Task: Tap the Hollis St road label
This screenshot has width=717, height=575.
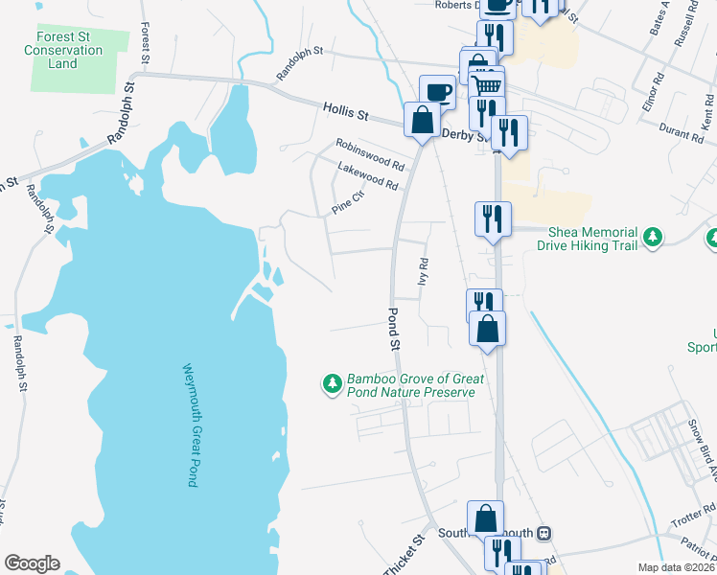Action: pyautogui.click(x=345, y=113)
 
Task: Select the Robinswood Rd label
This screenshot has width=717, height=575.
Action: pyautogui.click(x=370, y=154)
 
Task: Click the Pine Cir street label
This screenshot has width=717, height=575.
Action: pyautogui.click(x=348, y=202)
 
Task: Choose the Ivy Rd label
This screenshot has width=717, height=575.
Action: pyautogui.click(x=422, y=272)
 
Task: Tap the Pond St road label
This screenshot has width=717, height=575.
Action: pyautogui.click(x=394, y=328)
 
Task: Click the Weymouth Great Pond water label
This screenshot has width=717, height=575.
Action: pyautogui.click(x=191, y=425)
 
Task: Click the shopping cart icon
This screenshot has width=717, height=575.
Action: pyautogui.click(x=488, y=85)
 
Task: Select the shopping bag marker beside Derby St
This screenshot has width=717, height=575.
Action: pyautogui.click(x=422, y=120)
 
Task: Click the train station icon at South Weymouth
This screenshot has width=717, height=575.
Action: pyautogui.click(x=544, y=533)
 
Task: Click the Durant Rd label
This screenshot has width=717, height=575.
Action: pyautogui.click(x=682, y=132)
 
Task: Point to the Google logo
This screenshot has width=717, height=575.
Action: pyautogui.click(x=32, y=563)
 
